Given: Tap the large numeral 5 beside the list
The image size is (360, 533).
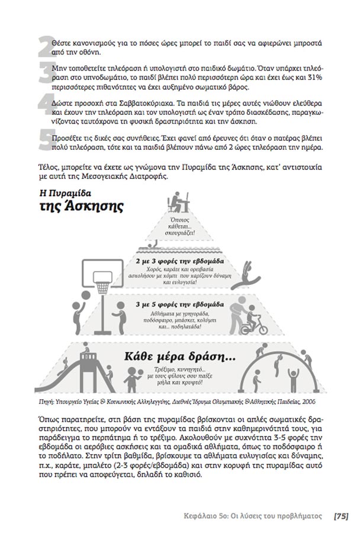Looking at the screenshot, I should [x=44, y=141].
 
